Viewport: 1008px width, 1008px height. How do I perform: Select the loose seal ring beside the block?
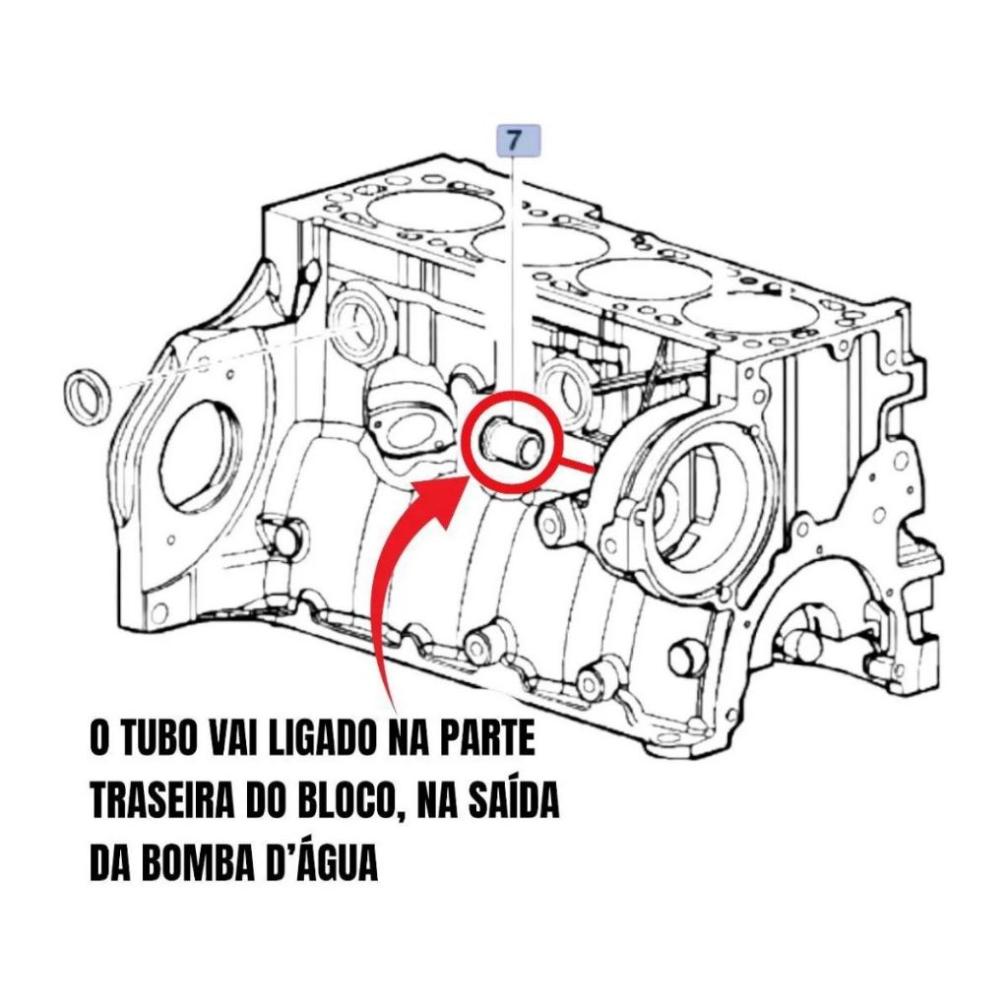(x=87, y=398)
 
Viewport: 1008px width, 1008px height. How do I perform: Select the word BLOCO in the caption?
(x=359, y=801)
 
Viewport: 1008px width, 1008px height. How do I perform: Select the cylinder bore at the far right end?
(x=749, y=316)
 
